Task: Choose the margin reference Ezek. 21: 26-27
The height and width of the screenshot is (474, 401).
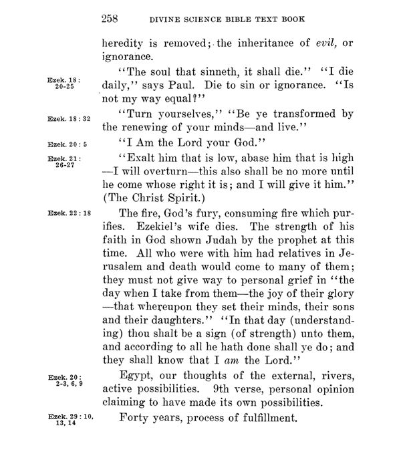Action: (x=64, y=162)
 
